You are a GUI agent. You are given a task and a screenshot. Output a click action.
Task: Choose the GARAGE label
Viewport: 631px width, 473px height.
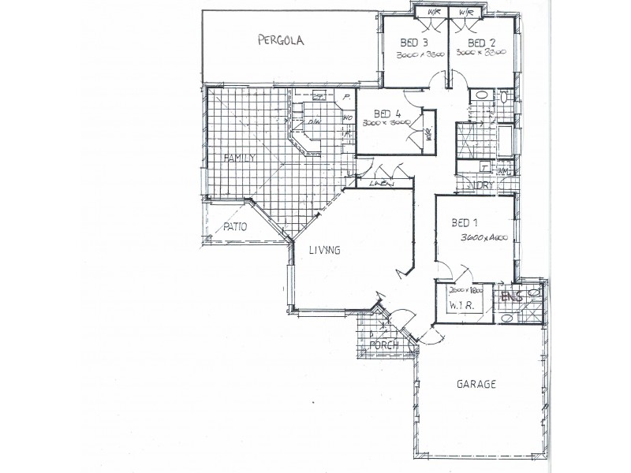click(476, 385)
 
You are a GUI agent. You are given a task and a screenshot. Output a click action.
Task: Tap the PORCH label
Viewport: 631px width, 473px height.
click(383, 345)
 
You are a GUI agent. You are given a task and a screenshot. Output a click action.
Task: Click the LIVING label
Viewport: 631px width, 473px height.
click(324, 251)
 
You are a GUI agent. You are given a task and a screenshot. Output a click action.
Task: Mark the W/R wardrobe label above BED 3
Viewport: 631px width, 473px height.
click(433, 12)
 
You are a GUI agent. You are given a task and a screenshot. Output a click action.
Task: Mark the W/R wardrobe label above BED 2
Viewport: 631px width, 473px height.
click(465, 12)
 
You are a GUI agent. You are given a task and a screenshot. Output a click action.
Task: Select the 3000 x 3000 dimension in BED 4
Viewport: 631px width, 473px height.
click(385, 124)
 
